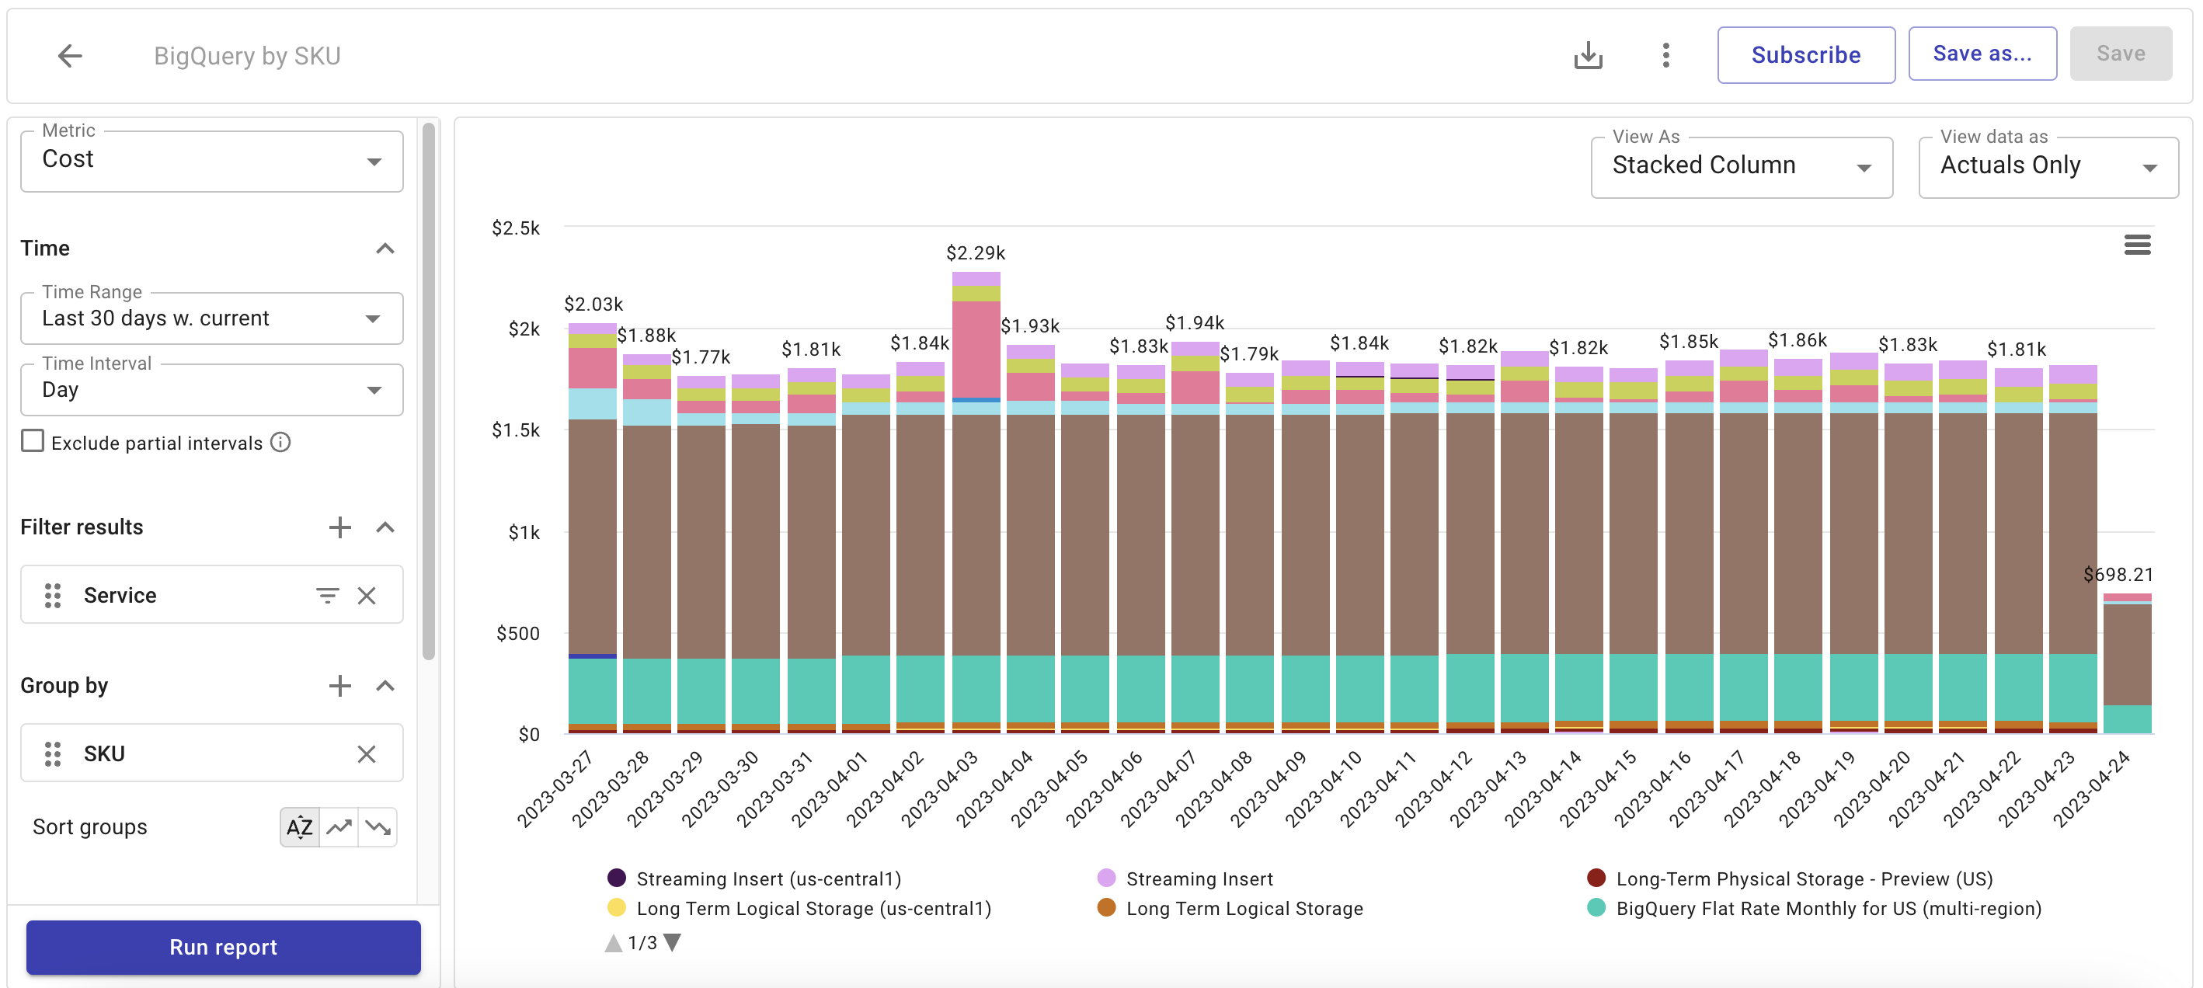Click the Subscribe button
(x=1805, y=54)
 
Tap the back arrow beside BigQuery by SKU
(x=69, y=56)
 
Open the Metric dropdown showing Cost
(x=211, y=160)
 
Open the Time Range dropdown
(x=211, y=318)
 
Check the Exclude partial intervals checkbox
(x=33, y=441)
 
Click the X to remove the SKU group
(x=366, y=753)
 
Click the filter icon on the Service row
(x=327, y=596)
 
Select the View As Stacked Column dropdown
(x=1740, y=166)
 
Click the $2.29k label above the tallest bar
(x=975, y=253)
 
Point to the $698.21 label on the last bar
(x=2117, y=575)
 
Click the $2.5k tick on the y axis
(x=515, y=228)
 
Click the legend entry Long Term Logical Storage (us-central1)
(x=813, y=909)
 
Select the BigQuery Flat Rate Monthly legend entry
(x=1828, y=909)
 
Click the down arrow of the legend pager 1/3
(x=673, y=943)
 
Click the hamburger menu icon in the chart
(x=2136, y=245)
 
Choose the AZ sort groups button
(x=299, y=827)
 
